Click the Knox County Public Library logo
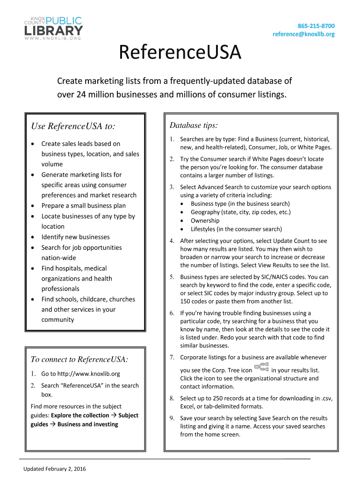click(53, 26)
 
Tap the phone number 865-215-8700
click(316, 26)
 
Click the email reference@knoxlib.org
click(303, 34)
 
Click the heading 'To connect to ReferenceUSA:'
click(79, 359)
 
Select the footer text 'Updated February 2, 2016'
click(55, 469)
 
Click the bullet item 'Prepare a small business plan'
click(83, 206)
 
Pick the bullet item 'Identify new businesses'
click(75, 237)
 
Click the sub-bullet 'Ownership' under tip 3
click(205, 220)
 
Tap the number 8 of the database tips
click(172, 399)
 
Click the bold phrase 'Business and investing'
click(87, 424)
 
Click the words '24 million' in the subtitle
click(98, 95)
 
